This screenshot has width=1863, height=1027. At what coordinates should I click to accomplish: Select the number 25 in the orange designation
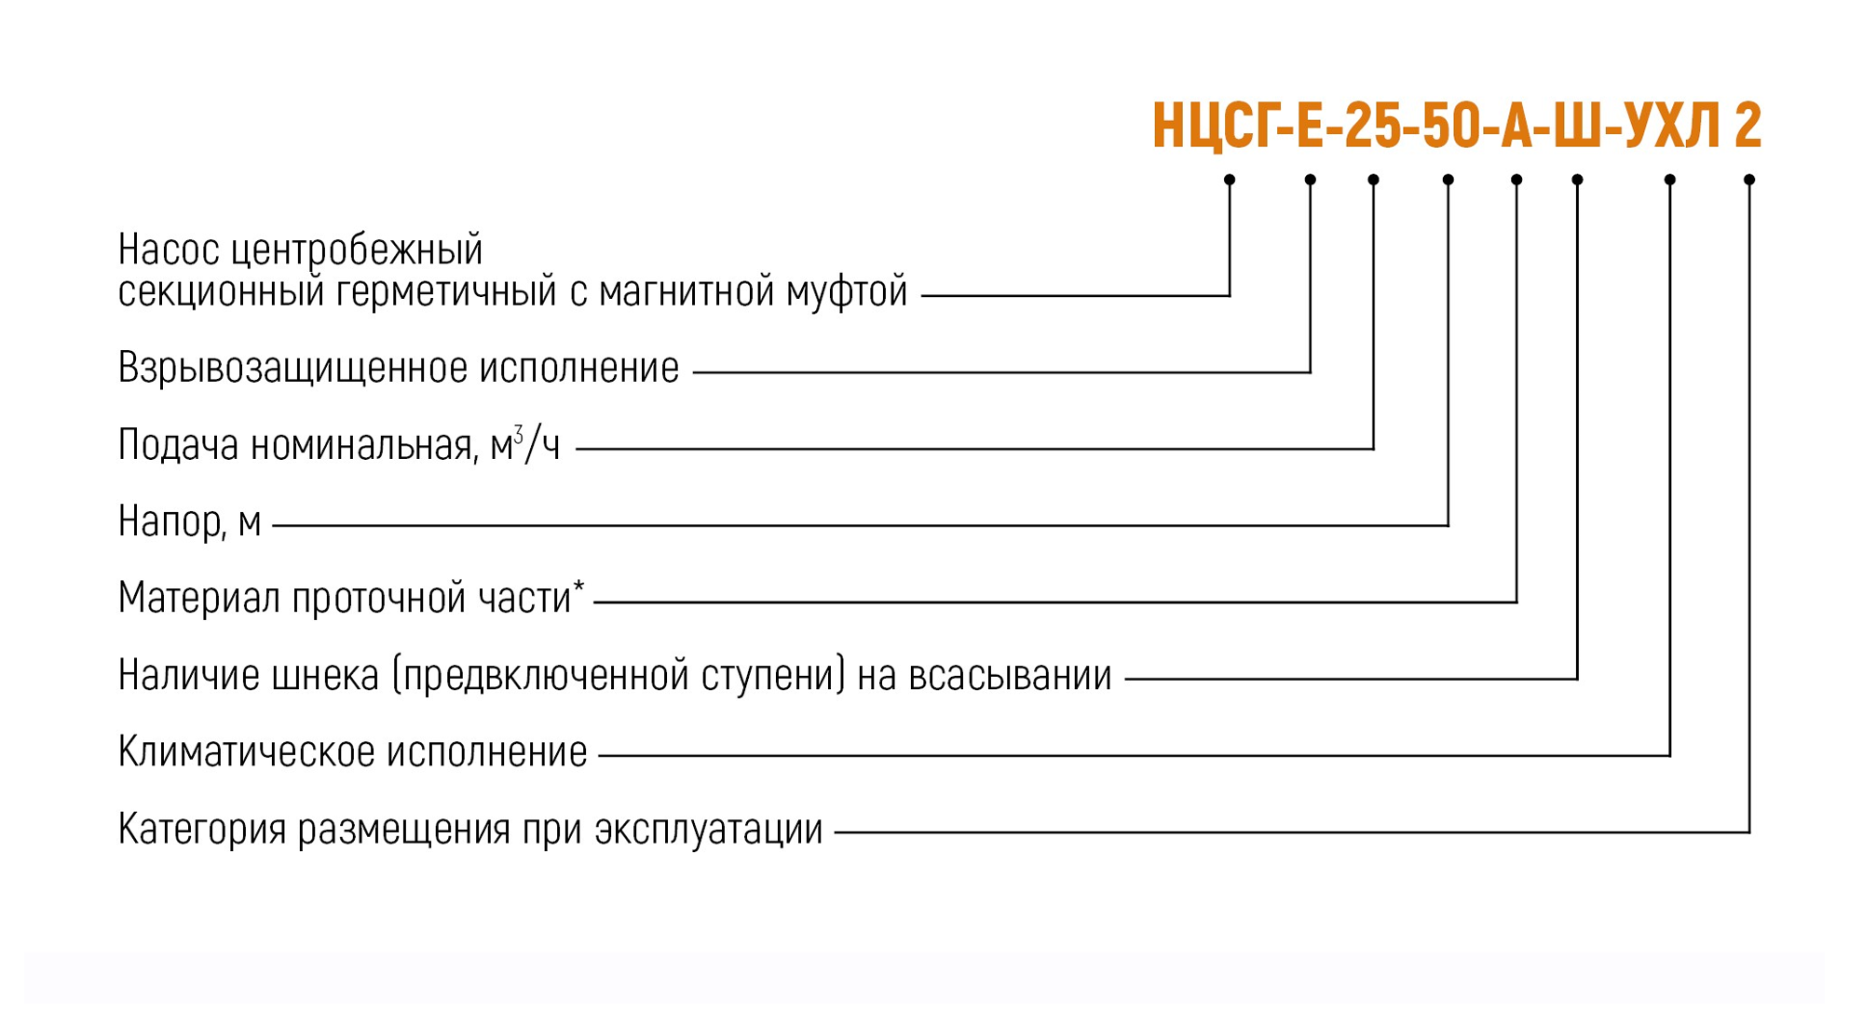pyautogui.click(x=1372, y=126)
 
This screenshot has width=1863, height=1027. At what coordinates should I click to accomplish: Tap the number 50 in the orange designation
pyautogui.click(x=1448, y=126)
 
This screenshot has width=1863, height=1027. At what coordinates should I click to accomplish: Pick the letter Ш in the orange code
pyautogui.click(x=1577, y=126)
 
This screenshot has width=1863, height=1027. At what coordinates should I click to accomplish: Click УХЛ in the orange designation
pyautogui.click(x=1672, y=126)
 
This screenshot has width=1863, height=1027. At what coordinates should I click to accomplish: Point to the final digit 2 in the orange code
pyautogui.click(x=1747, y=126)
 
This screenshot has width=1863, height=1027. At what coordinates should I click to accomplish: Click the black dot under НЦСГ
pyautogui.click(x=1230, y=180)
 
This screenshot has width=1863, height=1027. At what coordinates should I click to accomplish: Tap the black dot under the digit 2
pyautogui.click(x=1749, y=180)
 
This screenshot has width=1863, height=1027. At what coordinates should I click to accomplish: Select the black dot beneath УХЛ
pyautogui.click(x=1670, y=180)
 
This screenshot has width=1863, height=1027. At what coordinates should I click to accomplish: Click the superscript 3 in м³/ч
pyautogui.click(x=519, y=434)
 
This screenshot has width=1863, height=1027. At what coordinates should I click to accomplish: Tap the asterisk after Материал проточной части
pyautogui.click(x=578, y=587)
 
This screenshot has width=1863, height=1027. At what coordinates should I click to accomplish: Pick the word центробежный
pyautogui.click(x=357, y=250)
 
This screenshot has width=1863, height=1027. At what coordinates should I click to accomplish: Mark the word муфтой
pyautogui.click(x=847, y=292)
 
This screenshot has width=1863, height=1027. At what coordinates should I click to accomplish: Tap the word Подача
pyautogui.click(x=179, y=446)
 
